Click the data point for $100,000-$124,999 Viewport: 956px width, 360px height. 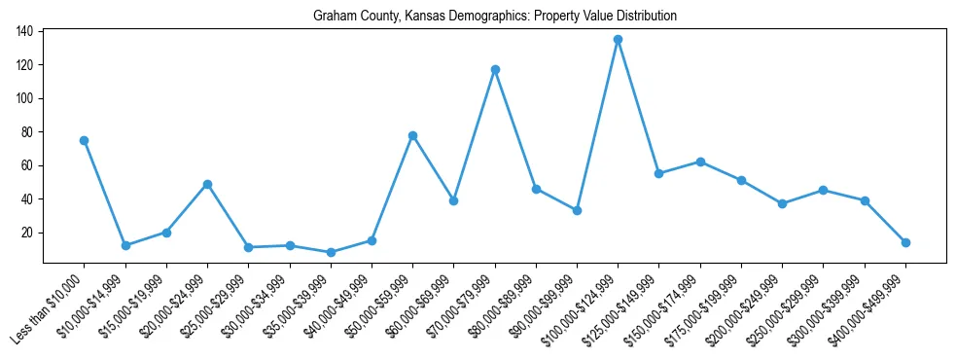point(618,40)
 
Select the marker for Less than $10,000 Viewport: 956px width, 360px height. point(85,140)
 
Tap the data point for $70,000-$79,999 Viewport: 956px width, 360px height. point(495,69)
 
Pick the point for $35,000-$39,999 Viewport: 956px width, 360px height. point(331,252)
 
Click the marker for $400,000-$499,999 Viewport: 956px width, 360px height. point(905,242)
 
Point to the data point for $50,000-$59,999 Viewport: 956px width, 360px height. point(412,135)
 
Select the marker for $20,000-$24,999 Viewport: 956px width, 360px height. point(207,184)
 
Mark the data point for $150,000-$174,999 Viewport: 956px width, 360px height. point(700,162)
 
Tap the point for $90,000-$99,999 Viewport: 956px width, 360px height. point(577,210)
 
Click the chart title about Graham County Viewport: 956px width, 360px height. point(495,17)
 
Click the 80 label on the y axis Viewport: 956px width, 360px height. point(28,132)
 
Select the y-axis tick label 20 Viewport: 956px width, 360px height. point(28,233)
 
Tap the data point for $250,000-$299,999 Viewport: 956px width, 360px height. point(823,190)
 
